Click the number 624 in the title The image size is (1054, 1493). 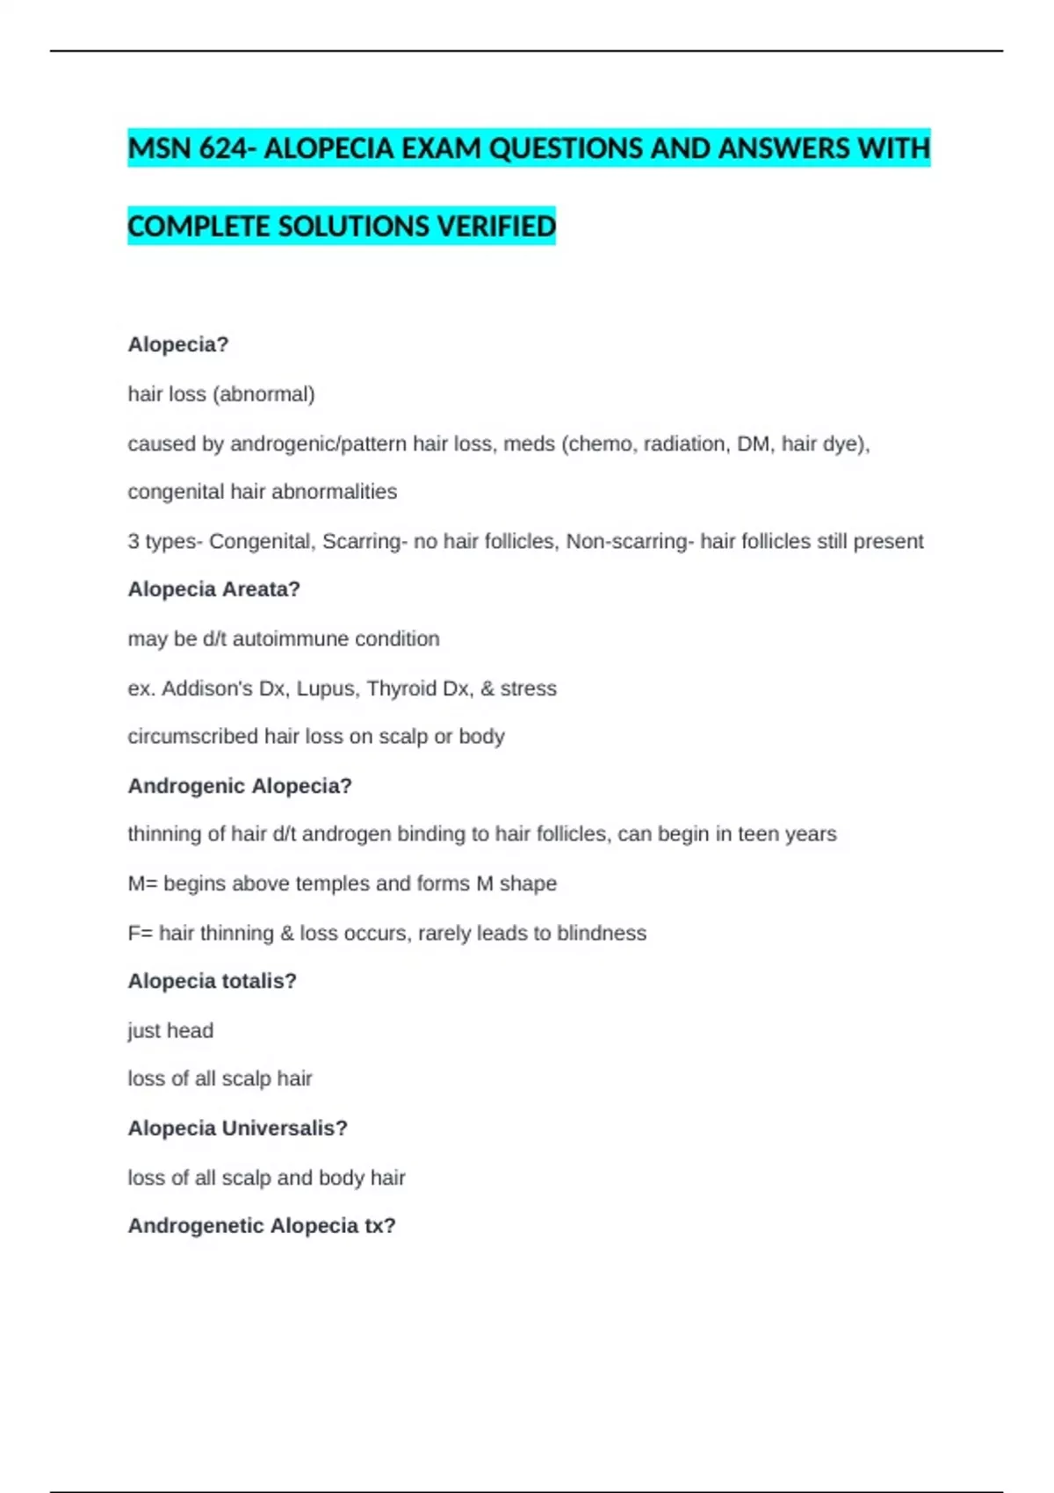point(223,148)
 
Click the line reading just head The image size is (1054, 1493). point(170,1030)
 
